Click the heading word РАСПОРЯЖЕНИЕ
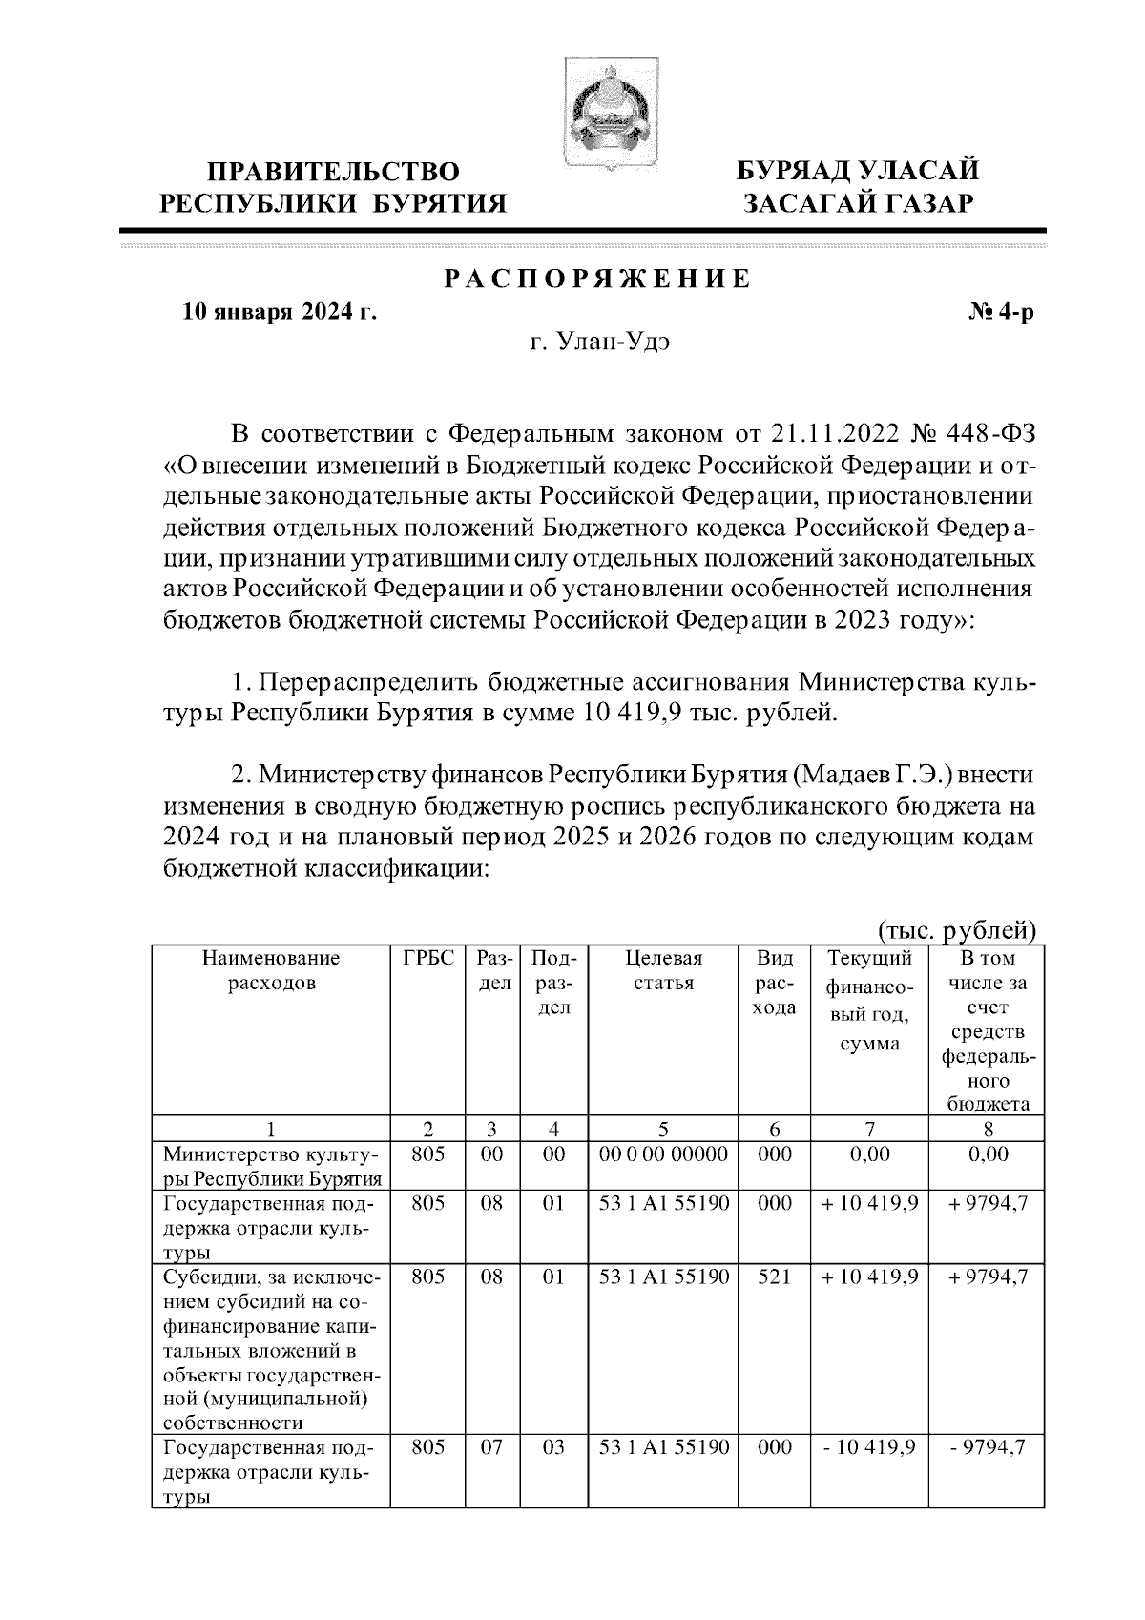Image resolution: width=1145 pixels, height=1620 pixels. point(597,280)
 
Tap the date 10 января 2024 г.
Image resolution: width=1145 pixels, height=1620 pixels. point(280,312)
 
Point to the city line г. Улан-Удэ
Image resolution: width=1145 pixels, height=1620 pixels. point(600,343)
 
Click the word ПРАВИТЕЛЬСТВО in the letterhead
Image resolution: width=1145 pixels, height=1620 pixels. point(334,173)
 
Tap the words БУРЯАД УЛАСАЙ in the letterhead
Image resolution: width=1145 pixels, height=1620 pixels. point(857,173)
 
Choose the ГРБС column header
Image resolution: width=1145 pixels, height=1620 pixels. point(428,958)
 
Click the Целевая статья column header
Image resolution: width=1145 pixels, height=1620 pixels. point(663,970)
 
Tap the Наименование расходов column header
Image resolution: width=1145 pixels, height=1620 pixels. point(271,970)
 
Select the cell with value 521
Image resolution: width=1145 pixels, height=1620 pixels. point(774,1277)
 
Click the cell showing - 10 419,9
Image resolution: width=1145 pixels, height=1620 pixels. point(869,1448)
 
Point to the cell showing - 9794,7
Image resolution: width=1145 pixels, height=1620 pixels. point(988,1448)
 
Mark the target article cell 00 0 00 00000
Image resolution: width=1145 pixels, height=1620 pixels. point(663,1154)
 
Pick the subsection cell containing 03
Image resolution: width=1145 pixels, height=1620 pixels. point(553,1448)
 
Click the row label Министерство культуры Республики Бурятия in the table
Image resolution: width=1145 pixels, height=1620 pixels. point(272,1166)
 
